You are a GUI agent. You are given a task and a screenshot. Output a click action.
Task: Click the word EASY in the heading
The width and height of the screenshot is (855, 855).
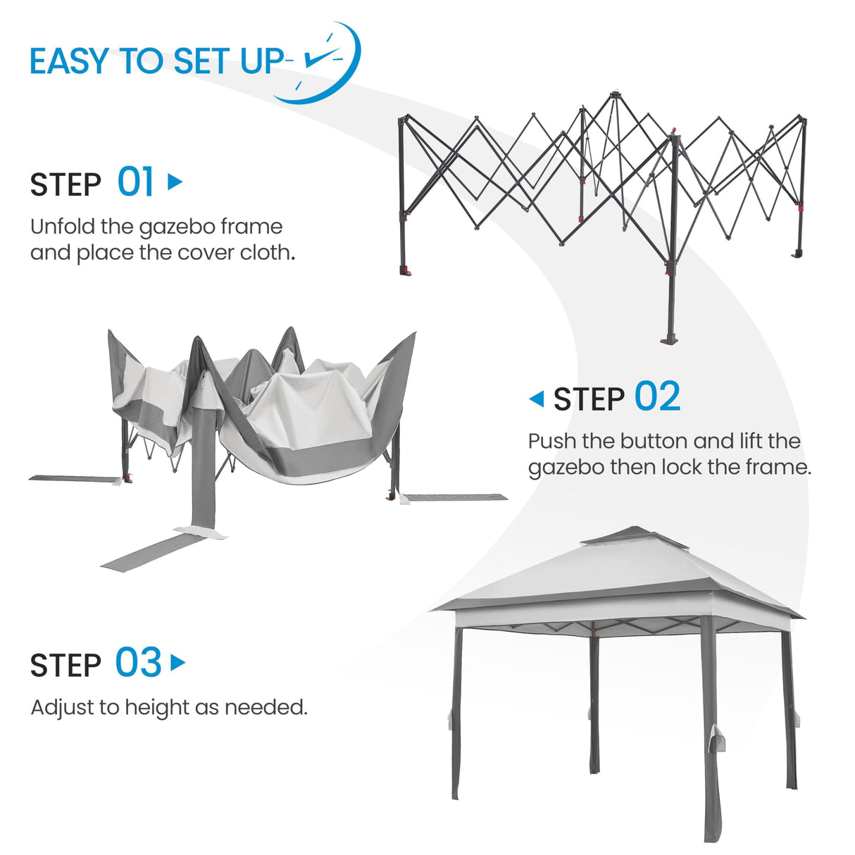coord(69,61)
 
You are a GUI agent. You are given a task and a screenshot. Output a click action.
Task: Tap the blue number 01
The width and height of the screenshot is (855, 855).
coord(135,182)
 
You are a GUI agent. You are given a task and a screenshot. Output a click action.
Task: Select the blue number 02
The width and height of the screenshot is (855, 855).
coord(657,397)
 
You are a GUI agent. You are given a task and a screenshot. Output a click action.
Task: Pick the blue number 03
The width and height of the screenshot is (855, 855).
coord(138,663)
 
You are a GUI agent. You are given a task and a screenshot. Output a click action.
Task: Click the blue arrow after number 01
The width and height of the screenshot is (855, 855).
coord(175,182)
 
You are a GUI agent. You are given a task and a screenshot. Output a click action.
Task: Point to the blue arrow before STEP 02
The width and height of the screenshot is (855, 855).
coord(537,399)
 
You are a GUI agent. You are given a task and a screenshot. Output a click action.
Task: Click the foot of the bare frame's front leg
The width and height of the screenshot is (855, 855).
coord(670,339)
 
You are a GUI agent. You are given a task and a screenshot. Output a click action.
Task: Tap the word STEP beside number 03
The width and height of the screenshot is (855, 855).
coord(65,666)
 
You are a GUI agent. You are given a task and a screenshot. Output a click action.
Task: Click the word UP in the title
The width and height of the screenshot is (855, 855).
coord(262,61)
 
